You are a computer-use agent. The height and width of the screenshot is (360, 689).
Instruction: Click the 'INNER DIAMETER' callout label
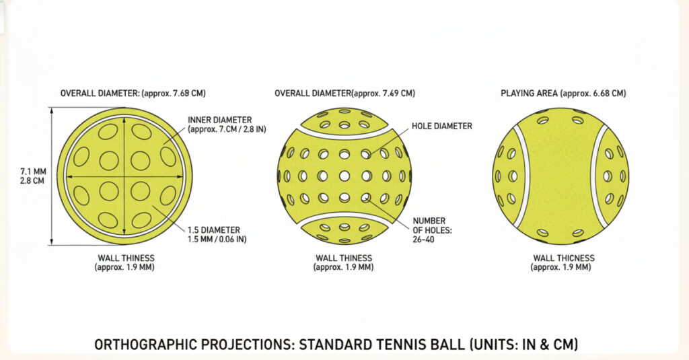220,120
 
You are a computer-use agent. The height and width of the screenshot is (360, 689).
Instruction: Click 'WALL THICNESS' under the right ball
563,258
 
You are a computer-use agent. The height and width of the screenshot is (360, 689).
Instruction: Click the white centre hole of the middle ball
344,176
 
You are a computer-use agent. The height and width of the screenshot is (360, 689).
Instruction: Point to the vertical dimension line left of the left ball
52,176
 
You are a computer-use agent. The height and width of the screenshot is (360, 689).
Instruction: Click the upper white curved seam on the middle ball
344,135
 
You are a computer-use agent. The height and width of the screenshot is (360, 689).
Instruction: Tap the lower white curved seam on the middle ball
344,218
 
